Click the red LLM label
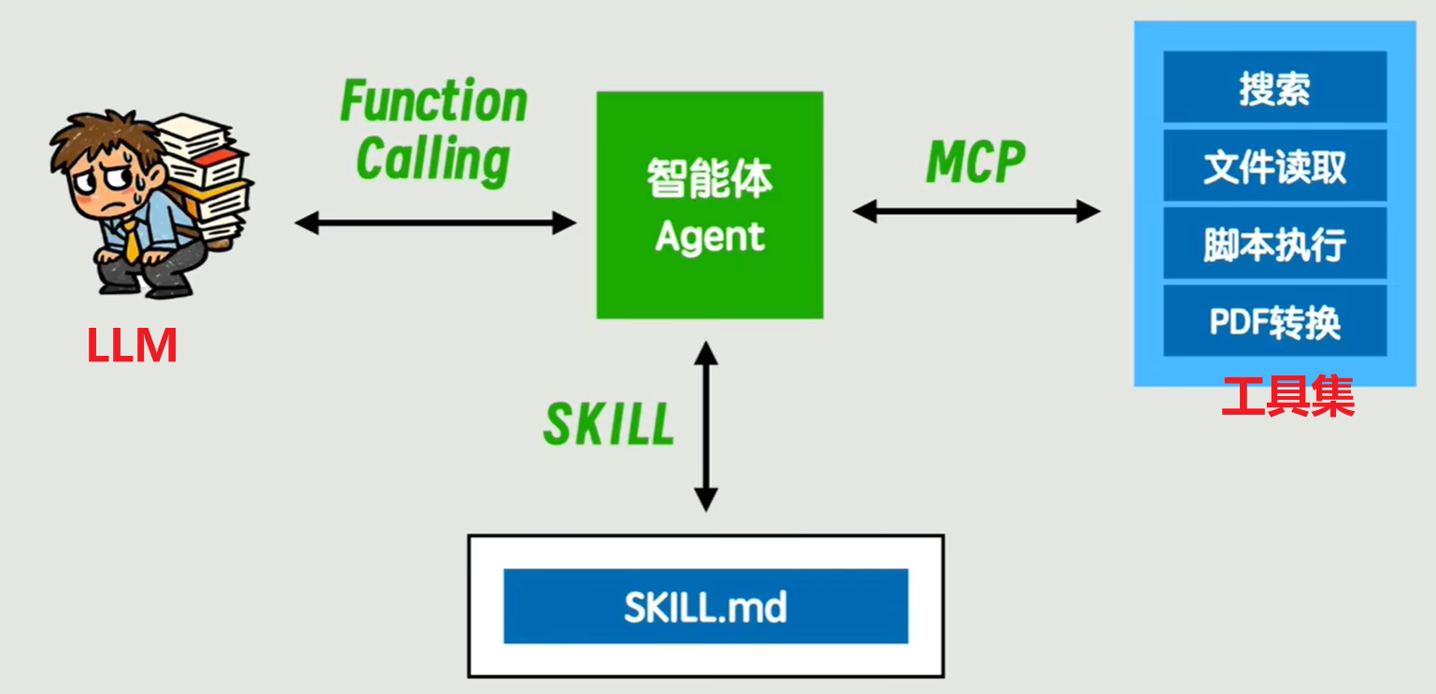pos(132,346)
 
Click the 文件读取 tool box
pos(1274,167)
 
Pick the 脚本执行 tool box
pos(1274,245)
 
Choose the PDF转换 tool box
pos(1274,322)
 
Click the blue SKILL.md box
pos(705,606)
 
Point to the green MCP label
pos(975,163)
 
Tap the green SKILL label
pos(609,426)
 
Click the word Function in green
pos(434,102)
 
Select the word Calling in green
pos(434,159)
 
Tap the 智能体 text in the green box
pos(710,178)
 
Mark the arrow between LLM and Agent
pos(435,223)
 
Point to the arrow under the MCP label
pos(976,212)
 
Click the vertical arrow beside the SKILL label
pos(706,426)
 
